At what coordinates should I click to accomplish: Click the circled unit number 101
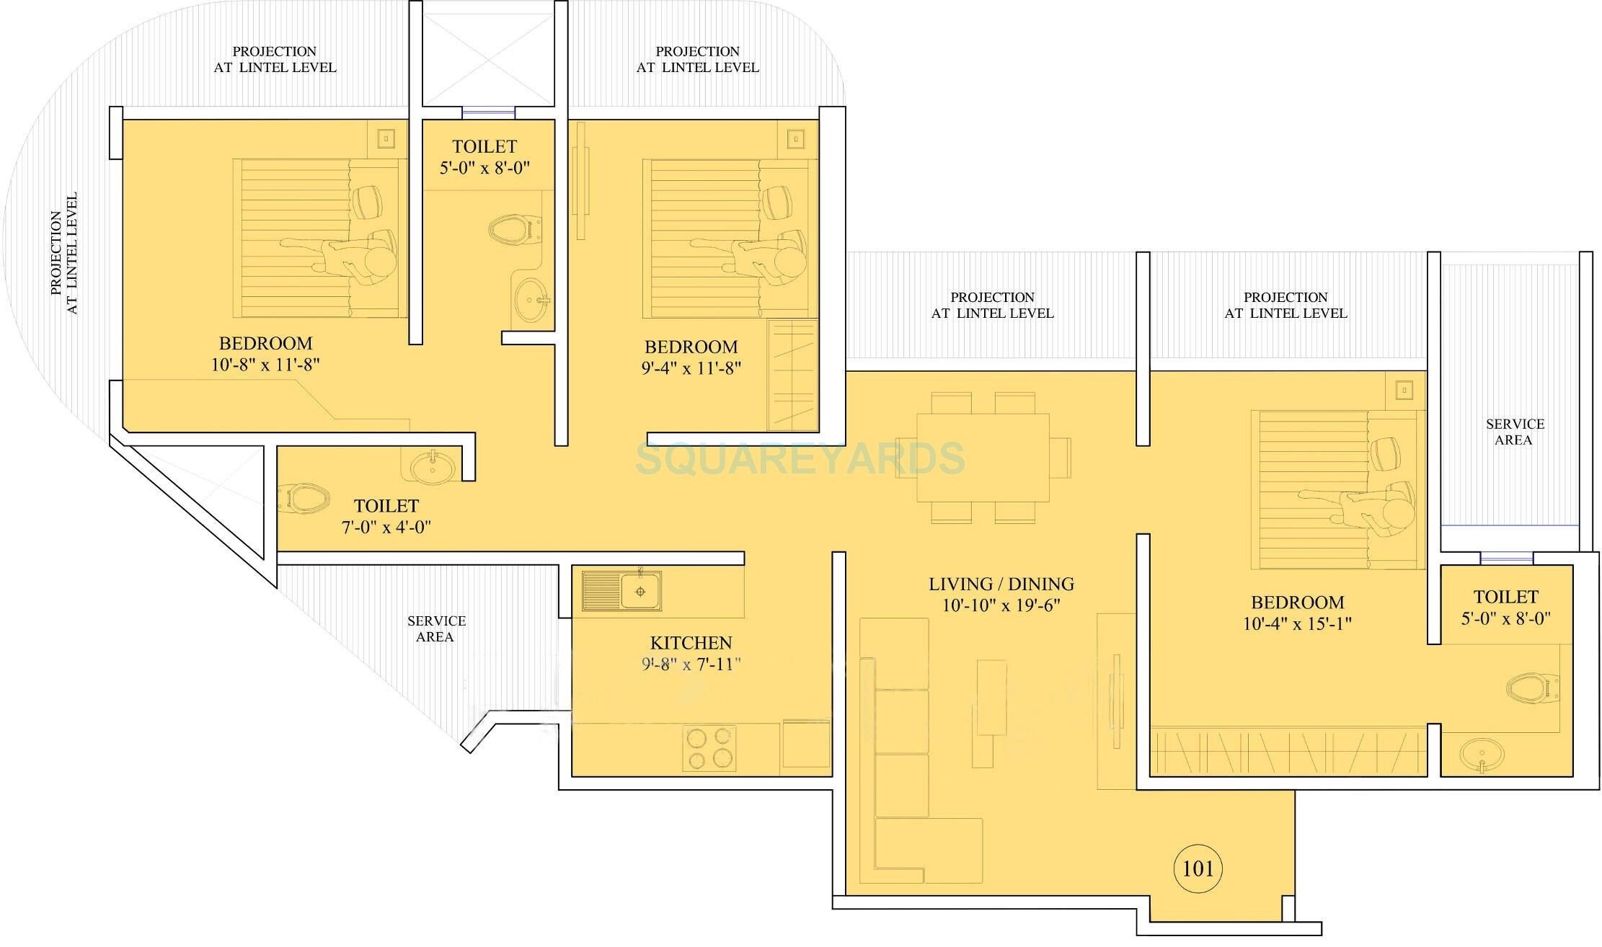click(1198, 868)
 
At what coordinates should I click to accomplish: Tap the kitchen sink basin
click(640, 592)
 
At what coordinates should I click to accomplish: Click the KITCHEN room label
click(691, 643)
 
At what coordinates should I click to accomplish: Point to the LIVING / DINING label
click(1001, 584)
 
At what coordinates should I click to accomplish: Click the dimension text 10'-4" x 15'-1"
click(1297, 623)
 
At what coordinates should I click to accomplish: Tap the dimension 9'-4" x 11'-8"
click(691, 368)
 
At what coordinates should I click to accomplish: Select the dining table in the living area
click(983, 457)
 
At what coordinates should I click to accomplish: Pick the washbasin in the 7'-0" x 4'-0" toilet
click(433, 467)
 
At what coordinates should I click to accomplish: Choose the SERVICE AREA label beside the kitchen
click(435, 628)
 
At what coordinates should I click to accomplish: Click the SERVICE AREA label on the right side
click(1514, 432)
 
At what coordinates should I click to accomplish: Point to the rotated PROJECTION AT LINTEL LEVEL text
click(63, 254)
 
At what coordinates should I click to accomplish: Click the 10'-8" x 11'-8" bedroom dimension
click(265, 365)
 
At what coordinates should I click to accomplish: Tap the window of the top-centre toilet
click(488, 112)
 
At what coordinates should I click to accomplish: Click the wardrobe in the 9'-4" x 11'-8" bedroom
click(792, 375)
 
